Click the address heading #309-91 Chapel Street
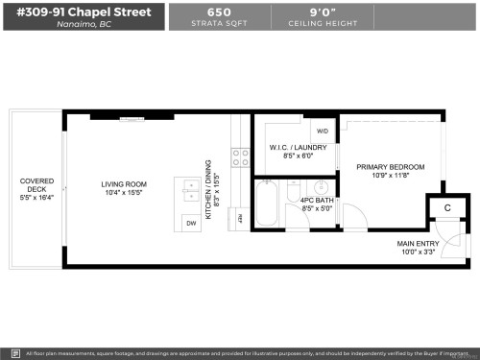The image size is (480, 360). coord(84,12)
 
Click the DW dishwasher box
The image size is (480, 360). coord(190,223)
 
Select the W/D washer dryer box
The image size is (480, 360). coord(322,132)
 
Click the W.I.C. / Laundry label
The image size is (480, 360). coord(297,147)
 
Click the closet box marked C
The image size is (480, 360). coord(446,208)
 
